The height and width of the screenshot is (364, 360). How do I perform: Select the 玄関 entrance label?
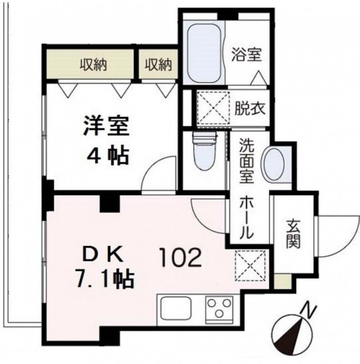293,234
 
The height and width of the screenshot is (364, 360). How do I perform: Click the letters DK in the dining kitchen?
102,255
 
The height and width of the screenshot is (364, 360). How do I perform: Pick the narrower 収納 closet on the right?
159,65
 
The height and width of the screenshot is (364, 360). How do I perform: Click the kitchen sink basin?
178,309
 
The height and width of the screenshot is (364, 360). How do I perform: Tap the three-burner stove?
219,309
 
